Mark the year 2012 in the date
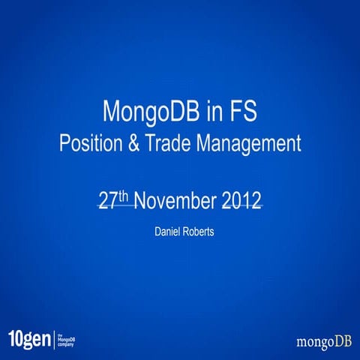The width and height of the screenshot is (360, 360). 241,202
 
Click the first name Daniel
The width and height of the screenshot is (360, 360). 168,232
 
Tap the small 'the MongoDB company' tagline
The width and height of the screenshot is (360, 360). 66,339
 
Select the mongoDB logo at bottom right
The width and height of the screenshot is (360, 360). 322,341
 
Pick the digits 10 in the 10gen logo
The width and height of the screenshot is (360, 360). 15,338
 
